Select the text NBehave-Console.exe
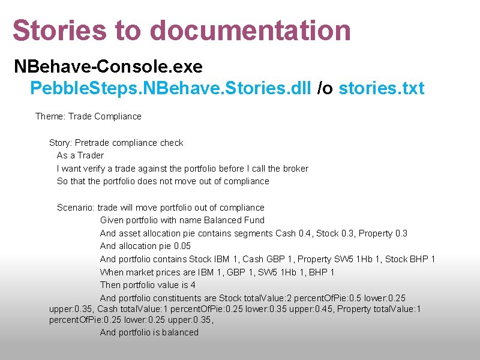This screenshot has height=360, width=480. [108, 66]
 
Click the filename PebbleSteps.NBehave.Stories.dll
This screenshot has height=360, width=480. [170, 89]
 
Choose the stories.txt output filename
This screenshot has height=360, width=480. [382, 89]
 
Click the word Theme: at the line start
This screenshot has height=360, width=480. [50, 116]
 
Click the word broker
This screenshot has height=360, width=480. [294, 169]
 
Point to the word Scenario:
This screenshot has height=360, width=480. [76, 208]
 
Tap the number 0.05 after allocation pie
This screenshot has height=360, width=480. [182, 246]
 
